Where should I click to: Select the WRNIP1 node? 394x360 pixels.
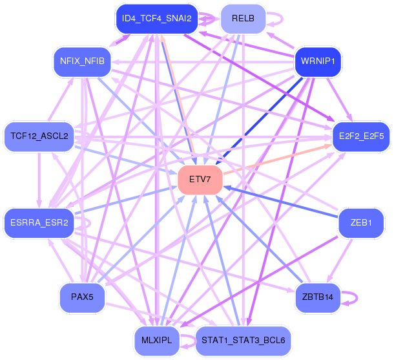[x=318, y=63]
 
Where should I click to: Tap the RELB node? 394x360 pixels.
[x=243, y=19]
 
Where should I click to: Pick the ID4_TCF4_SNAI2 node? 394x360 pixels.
[x=156, y=19]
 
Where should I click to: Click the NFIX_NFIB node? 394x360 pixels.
[x=81, y=63]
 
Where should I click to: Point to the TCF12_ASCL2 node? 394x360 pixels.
[x=39, y=136]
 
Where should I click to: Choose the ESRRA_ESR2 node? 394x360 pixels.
[x=39, y=223]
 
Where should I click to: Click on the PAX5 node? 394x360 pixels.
[x=82, y=297]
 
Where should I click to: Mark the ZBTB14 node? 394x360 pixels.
[x=317, y=297]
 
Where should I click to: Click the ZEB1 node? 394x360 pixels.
[x=361, y=223]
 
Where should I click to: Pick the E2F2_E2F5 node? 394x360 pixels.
[x=361, y=136]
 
